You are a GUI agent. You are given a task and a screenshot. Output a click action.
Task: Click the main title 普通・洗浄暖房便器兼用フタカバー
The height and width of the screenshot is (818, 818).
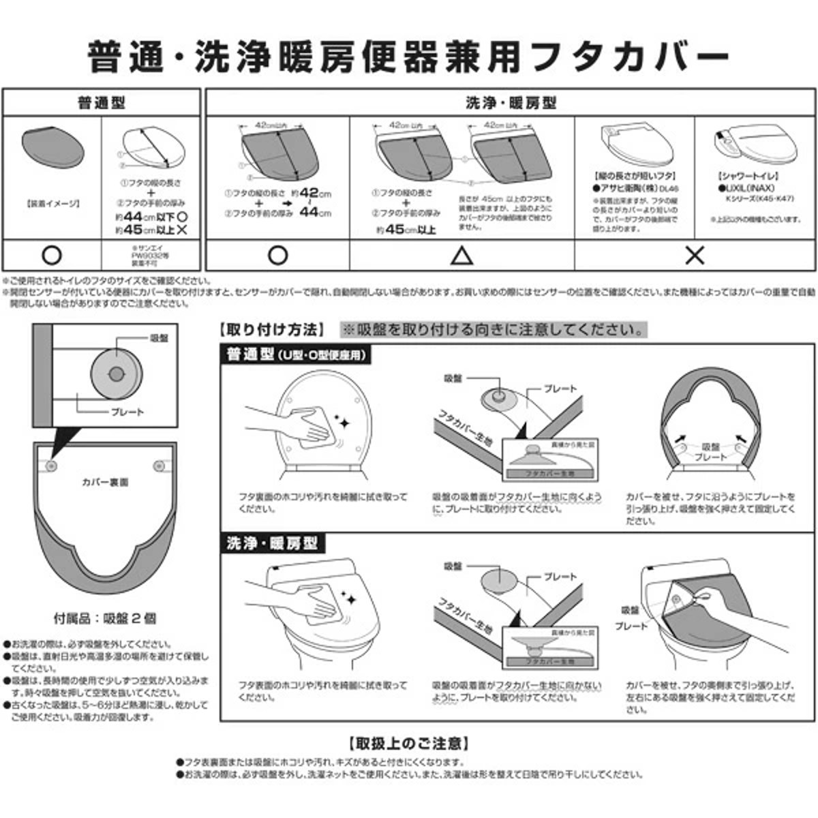coord(409,57)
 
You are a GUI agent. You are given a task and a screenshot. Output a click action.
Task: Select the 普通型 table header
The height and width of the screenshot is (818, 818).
coord(101,103)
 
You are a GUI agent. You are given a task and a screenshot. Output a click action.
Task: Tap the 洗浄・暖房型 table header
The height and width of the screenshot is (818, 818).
coord(511,103)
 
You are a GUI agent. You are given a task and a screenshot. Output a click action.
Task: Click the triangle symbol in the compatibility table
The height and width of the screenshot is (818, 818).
coord(461,256)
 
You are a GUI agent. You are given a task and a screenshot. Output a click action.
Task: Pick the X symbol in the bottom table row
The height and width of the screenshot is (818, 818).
coord(695,256)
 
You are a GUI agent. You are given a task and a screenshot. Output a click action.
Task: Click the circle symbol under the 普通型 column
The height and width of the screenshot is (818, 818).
coord(52,256)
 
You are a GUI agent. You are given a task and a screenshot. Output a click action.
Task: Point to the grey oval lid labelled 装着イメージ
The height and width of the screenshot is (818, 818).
coord(52,147)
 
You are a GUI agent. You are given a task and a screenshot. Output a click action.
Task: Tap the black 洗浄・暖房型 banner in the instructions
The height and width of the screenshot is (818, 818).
coord(273,543)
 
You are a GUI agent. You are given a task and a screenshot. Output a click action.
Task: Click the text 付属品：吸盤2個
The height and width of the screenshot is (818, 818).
coord(105,618)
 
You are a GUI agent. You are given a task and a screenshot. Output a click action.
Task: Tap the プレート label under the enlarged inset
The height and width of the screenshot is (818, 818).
coord(127,412)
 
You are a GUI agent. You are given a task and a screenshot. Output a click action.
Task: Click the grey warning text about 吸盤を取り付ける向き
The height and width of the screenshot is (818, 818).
coord(494,330)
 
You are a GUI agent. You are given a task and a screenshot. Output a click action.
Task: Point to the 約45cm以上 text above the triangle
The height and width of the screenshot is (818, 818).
coord(406,230)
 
